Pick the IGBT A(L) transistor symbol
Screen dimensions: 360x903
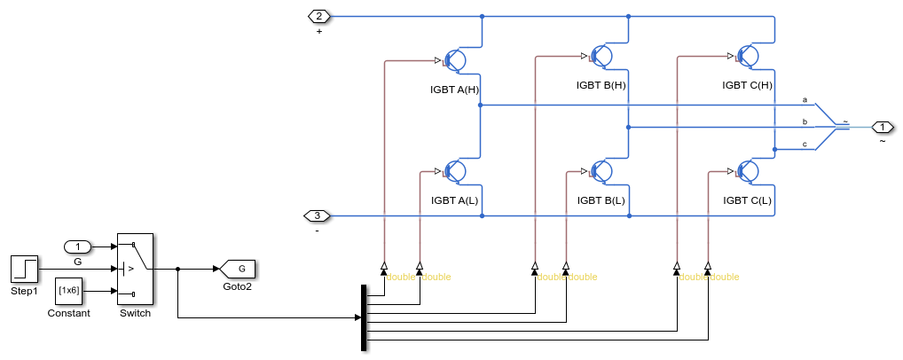(455, 170)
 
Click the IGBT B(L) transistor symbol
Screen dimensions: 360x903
(601, 170)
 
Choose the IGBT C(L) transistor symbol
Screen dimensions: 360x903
(748, 170)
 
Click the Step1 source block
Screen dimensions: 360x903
(24, 268)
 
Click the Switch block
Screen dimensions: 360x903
(135, 268)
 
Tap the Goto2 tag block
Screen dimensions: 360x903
(237, 268)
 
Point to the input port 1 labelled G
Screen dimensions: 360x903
(78, 246)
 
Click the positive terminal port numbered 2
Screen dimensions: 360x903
(318, 16)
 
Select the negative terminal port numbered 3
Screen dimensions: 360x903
(318, 215)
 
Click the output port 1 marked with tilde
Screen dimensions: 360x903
(883, 127)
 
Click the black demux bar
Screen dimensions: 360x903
(364, 317)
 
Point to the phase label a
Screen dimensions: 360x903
(805, 98)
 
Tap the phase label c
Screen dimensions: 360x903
(805, 144)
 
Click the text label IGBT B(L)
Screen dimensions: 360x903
(601, 200)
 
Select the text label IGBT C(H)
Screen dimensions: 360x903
(747, 86)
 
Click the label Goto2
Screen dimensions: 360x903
(237, 286)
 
